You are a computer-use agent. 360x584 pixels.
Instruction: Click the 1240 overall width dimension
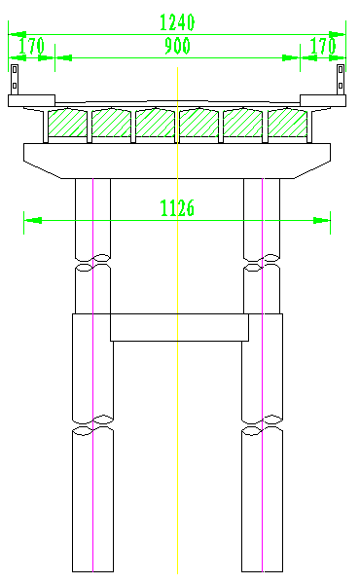(177, 22)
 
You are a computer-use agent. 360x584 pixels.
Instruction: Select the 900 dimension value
(178, 46)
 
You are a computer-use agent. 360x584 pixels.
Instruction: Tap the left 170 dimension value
(32, 46)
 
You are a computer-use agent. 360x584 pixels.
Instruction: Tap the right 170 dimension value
(323, 46)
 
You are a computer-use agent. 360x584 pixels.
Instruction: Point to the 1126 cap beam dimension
(177, 208)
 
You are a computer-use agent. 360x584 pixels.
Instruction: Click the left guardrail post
(15, 80)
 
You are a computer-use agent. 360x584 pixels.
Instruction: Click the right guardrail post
(341, 80)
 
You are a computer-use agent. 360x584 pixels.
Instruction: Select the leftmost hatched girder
(67, 123)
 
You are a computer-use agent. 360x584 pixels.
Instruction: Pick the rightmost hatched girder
(287, 123)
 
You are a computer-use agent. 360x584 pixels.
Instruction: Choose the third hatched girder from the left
(156, 123)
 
